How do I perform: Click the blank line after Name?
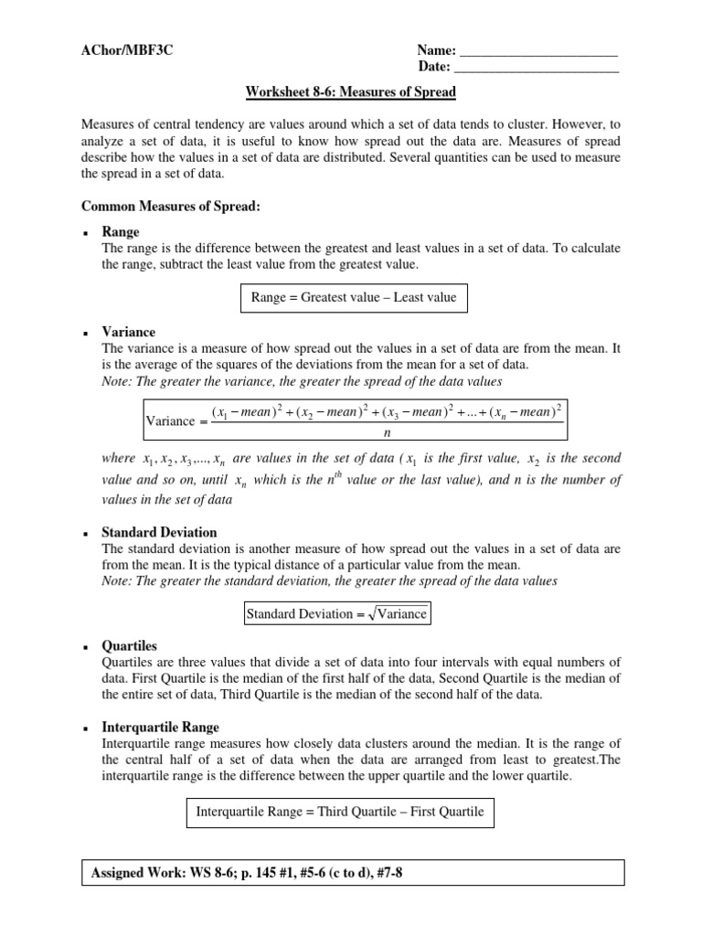(537, 52)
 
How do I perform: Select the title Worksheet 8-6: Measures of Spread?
(350, 92)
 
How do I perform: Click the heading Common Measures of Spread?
(171, 207)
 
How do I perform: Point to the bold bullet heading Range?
(121, 233)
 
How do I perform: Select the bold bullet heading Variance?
(128, 332)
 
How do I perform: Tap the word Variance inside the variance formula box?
(170, 421)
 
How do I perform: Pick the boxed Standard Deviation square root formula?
(336, 613)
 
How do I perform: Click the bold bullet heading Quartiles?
(130, 645)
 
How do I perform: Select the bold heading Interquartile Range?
(160, 728)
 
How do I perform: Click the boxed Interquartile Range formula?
(340, 811)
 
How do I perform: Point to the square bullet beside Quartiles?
(84, 646)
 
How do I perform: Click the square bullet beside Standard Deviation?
(84, 533)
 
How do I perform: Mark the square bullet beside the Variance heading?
(84, 333)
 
